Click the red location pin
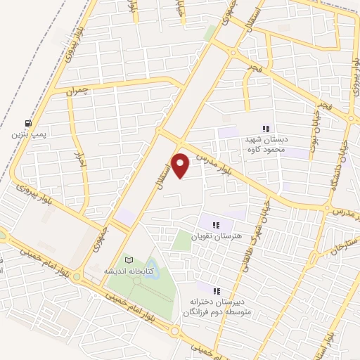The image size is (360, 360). click(x=181, y=165)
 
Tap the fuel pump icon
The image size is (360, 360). click(x=27, y=122)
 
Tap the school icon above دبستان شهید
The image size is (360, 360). click(x=266, y=129)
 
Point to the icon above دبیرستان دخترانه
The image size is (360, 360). click(x=217, y=290)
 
